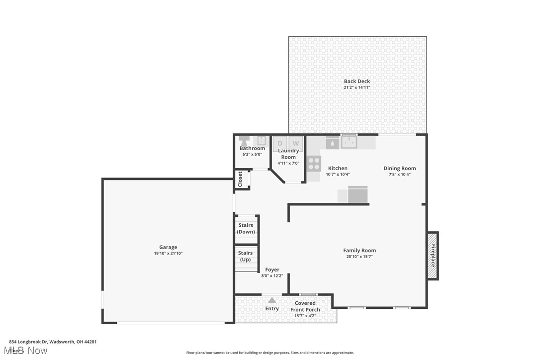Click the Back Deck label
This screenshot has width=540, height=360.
coord(357,82)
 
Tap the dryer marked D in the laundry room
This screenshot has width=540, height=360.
coord(280,143)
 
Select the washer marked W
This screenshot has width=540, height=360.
coord(295,143)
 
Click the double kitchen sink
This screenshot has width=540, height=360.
coord(349,143)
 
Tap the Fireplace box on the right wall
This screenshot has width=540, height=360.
coord(433,256)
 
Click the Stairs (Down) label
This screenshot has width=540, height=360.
coord(246,229)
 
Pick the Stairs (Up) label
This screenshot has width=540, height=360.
coord(246,257)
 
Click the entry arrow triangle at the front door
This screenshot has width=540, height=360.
coord(272,300)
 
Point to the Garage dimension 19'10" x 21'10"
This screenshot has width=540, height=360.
coord(168,254)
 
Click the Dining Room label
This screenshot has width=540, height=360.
coord(399,169)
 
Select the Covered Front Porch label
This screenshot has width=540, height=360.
coord(305,306)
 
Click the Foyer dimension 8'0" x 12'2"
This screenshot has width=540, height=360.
coord(272,276)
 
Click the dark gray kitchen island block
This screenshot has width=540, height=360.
coord(358,194)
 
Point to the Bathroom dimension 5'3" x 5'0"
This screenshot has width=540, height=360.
coord(252,155)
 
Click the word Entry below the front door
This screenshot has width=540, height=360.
coord(272,309)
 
